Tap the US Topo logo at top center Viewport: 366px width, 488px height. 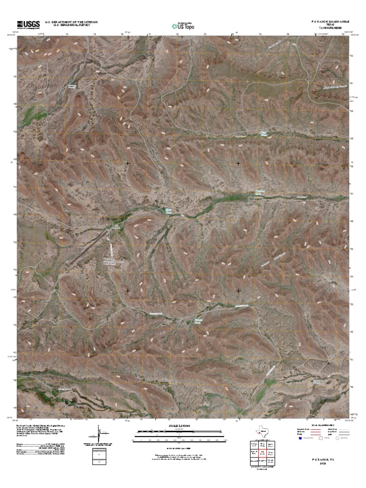tap(183, 25)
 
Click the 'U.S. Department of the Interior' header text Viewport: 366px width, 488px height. tap(71, 22)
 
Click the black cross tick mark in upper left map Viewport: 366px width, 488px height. tap(128, 163)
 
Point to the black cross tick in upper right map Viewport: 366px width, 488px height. tap(238, 163)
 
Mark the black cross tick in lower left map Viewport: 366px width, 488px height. tap(128, 290)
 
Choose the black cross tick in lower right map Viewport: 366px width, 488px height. tap(238, 290)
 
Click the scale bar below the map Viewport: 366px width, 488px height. tap(180, 432)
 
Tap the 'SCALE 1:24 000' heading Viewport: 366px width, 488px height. tap(180, 426)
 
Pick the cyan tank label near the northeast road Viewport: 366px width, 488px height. tap(263, 134)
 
